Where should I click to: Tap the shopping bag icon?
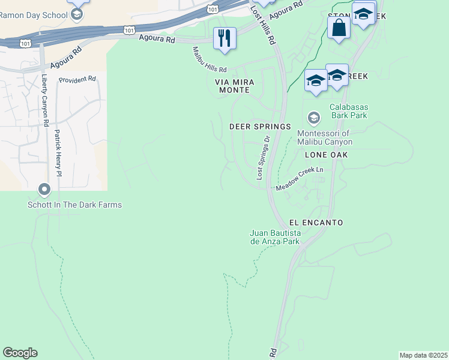pos(339,27)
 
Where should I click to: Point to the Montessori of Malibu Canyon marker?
pos(313,116)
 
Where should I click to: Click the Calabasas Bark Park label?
pos(349,112)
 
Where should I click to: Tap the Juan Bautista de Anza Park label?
pos(274,237)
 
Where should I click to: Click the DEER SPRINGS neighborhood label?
pos(260,127)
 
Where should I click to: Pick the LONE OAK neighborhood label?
pos(326,155)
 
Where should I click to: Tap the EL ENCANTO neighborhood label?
pos(316,223)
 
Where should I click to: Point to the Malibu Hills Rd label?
pos(209,60)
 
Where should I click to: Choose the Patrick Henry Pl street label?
pos(58,152)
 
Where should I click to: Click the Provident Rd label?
pos(77,79)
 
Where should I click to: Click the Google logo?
pos(20,353)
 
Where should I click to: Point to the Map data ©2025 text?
pos(423,355)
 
